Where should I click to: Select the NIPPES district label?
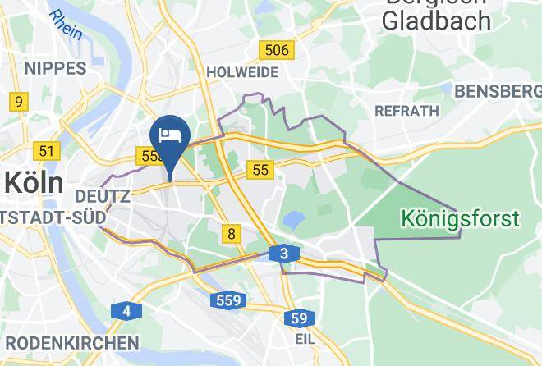(55, 68)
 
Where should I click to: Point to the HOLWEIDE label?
(242, 72)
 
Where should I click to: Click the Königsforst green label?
(460, 219)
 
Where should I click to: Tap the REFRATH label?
(406, 110)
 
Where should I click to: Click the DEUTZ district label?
(103, 197)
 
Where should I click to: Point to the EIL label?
(305, 338)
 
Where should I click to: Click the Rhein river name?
(66, 25)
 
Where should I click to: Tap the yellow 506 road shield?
(276, 51)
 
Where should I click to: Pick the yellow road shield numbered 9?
(16, 103)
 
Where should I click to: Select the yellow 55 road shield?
(260, 170)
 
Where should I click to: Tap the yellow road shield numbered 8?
(232, 234)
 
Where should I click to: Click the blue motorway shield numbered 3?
(283, 254)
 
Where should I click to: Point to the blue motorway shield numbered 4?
(126, 311)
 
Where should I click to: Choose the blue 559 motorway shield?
(228, 300)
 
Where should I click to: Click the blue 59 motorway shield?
(300, 318)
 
